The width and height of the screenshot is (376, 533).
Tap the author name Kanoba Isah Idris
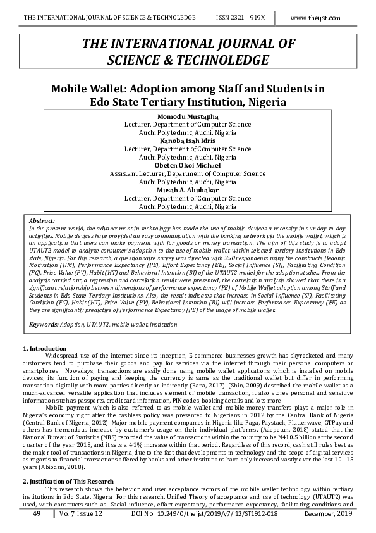point(188,141)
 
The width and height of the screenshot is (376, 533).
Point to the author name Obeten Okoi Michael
point(188,165)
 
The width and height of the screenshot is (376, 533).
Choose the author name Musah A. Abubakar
point(188,190)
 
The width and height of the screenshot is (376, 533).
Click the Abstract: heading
point(43,219)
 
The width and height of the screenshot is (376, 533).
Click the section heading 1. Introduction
point(44,349)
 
